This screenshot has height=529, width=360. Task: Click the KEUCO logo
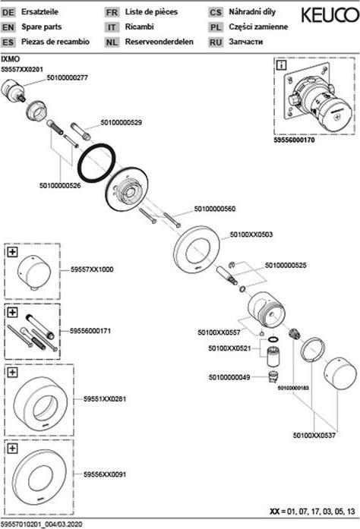(x=330, y=15)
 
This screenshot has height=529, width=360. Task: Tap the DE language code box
(x=8, y=12)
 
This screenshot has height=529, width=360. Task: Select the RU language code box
(x=216, y=43)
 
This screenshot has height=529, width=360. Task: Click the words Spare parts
(x=42, y=27)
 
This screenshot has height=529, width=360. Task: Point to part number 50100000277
(x=67, y=77)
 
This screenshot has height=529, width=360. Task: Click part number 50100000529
(x=121, y=122)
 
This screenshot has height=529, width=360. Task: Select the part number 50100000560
(x=214, y=209)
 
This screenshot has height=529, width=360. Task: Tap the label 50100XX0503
(x=251, y=235)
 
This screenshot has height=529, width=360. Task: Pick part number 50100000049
(x=229, y=377)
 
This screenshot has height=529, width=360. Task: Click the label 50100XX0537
(x=314, y=435)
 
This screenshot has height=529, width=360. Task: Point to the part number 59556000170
(x=294, y=140)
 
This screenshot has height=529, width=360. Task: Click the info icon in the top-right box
(x=281, y=65)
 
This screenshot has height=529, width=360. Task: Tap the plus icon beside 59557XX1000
(x=12, y=252)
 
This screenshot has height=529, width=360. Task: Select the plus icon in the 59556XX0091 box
(x=12, y=448)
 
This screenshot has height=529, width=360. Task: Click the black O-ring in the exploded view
(x=96, y=163)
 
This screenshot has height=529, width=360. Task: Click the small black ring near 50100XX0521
(x=273, y=339)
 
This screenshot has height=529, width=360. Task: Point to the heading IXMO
(x=11, y=59)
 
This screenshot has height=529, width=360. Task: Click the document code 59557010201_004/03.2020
(x=42, y=524)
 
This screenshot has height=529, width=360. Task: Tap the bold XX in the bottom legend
(x=275, y=512)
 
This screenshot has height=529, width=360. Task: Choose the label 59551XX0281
(x=105, y=398)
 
